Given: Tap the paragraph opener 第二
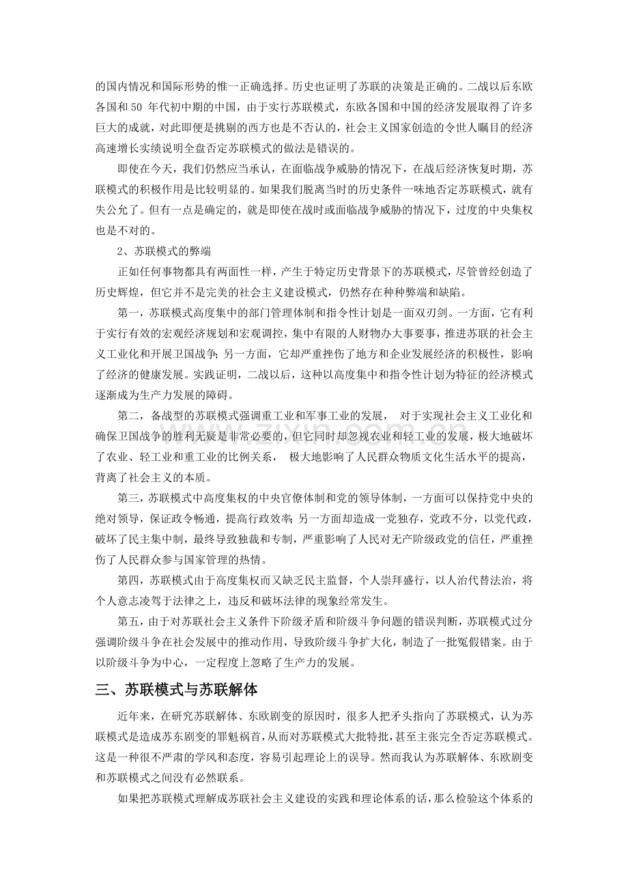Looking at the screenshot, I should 129,415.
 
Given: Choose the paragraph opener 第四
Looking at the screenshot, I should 129,581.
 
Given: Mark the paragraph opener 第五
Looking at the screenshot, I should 129,622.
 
